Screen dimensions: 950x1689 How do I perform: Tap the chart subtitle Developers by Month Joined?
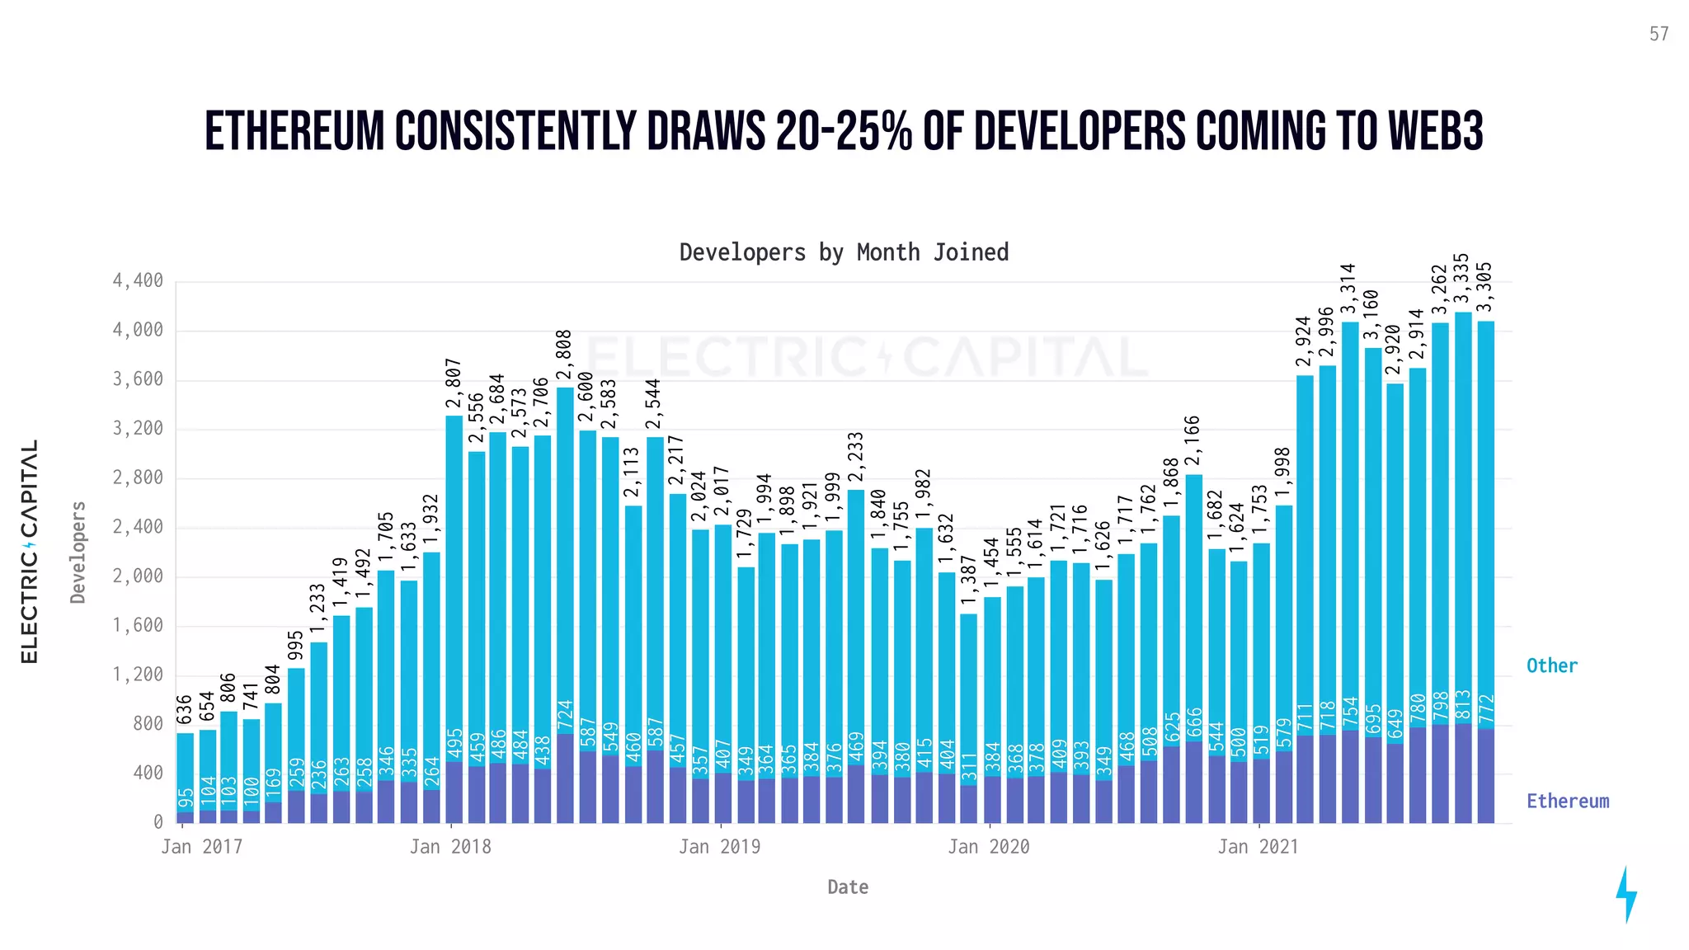click(x=844, y=252)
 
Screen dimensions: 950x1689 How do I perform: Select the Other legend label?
click(x=1551, y=665)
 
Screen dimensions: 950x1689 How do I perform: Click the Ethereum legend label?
click(x=1567, y=801)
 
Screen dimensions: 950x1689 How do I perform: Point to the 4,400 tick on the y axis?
click(x=138, y=281)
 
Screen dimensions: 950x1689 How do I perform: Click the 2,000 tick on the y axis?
click(x=138, y=576)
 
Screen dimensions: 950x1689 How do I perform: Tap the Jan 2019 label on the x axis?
click(x=719, y=847)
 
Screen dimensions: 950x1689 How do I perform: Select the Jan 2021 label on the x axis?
click(x=1258, y=847)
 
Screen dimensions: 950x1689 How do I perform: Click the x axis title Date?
click(x=847, y=887)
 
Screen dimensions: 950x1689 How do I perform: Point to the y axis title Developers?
click(x=78, y=552)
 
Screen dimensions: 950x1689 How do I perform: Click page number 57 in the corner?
click(x=1658, y=35)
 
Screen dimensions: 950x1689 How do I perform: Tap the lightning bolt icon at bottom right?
click(x=1625, y=894)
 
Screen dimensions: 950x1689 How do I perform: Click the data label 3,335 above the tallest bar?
click(x=1462, y=280)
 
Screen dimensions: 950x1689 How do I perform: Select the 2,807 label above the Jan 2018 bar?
click(x=454, y=384)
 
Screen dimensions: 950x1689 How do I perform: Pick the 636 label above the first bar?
click(x=185, y=710)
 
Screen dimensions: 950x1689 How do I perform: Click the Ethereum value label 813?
click(x=1463, y=707)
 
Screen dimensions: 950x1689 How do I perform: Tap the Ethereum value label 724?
click(x=565, y=716)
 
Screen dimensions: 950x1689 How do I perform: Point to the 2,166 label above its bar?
click(x=1193, y=442)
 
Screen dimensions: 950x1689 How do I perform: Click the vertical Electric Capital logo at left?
click(x=30, y=551)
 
